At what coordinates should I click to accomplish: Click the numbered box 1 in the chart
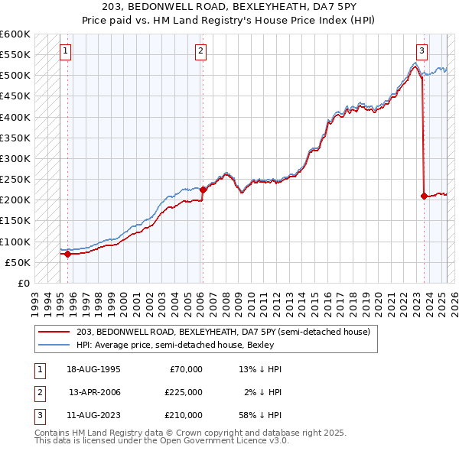click(66, 51)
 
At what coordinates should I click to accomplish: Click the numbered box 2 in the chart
click(200, 51)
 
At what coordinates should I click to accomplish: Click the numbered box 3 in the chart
click(422, 51)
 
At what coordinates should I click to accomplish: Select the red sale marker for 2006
click(203, 190)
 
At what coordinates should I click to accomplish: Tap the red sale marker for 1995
click(68, 255)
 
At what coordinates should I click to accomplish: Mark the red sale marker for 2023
click(424, 196)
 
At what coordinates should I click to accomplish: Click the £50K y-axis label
click(17, 262)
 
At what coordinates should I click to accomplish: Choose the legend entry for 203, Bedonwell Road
click(223, 332)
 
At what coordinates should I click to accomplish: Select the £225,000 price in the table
click(184, 392)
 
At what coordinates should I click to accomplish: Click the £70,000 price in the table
click(186, 369)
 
